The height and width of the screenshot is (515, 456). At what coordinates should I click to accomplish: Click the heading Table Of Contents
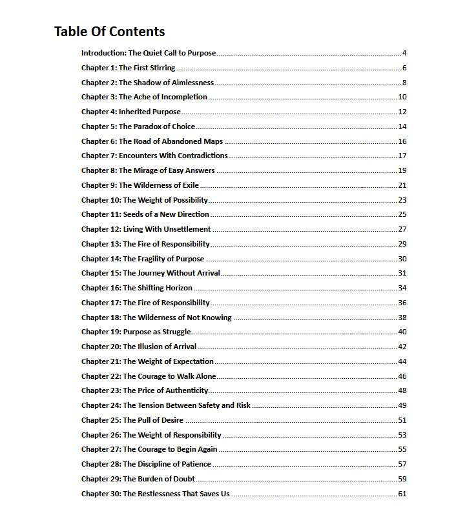click(109, 32)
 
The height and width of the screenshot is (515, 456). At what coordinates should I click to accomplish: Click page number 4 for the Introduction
click(404, 53)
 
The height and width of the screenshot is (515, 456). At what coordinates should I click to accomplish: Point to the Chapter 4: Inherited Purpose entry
click(131, 112)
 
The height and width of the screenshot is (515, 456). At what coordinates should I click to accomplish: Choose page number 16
click(402, 141)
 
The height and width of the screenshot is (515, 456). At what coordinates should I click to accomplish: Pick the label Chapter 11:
click(101, 214)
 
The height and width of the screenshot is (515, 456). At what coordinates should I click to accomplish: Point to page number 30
click(402, 259)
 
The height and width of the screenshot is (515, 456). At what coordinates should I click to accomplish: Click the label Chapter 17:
click(101, 303)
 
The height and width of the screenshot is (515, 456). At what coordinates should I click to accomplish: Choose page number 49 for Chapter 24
click(402, 405)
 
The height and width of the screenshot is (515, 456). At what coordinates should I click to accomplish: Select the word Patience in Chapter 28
click(195, 464)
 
